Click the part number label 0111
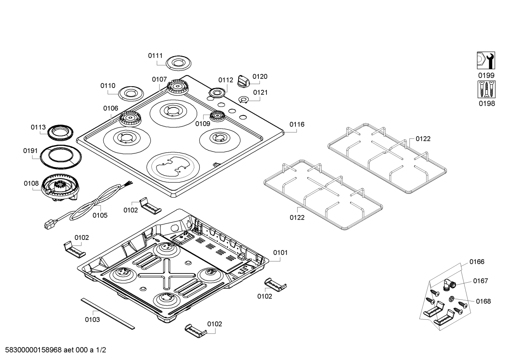point(155,55)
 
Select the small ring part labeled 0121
point(243,99)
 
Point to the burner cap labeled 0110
point(131,93)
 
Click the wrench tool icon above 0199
point(486,60)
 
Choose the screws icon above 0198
point(486,89)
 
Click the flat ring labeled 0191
point(61,157)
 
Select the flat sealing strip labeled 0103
point(108,314)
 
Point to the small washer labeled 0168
point(451,299)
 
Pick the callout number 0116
point(297,124)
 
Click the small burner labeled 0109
point(217,116)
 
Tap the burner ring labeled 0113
point(60,132)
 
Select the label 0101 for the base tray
point(280,253)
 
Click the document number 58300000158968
point(33,350)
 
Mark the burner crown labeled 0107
point(178,87)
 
